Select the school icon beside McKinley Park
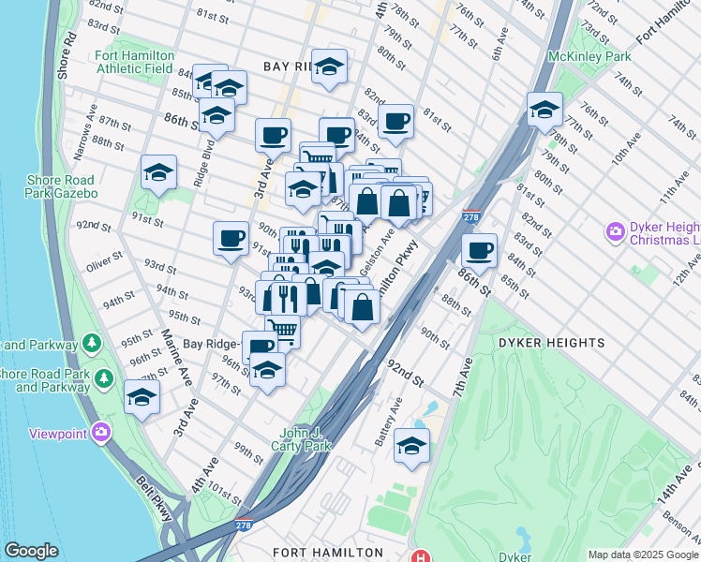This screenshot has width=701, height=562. pyautogui.click(x=544, y=111)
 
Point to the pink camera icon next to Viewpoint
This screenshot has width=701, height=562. pyautogui.click(x=100, y=433)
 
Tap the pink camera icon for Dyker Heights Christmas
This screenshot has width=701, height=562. pyautogui.click(x=616, y=230)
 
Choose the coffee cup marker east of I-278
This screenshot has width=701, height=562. pyautogui.click(x=480, y=251)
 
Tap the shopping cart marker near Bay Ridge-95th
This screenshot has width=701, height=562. pyautogui.click(x=282, y=331)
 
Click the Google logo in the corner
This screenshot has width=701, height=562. pyautogui.click(x=31, y=551)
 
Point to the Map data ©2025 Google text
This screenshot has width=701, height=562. pyautogui.click(x=643, y=555)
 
